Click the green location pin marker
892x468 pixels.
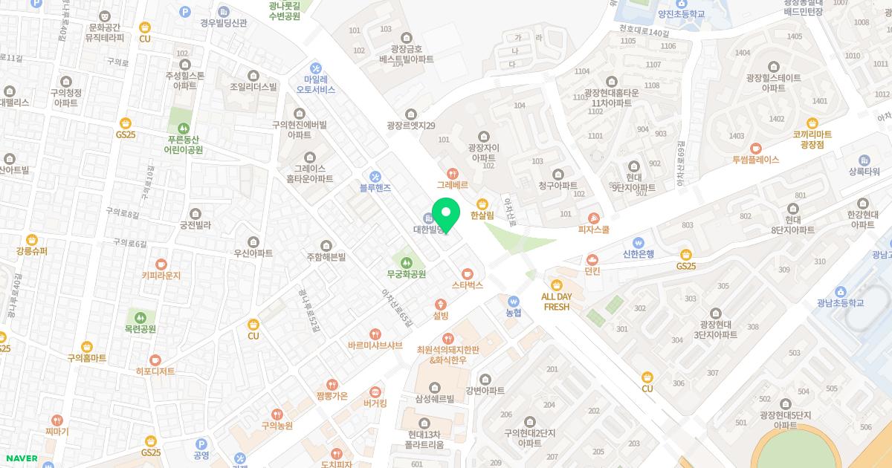446,215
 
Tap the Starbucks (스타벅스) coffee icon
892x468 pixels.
467,273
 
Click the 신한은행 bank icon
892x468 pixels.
638,241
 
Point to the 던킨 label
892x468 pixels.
592,272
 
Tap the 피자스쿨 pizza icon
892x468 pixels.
593,218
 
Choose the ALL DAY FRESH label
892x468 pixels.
557,302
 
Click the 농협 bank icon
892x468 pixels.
514,301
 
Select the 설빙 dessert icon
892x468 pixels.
441,304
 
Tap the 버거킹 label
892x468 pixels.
375,404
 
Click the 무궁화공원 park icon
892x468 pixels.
406,261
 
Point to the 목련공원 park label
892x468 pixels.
140,329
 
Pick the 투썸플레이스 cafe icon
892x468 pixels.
755,147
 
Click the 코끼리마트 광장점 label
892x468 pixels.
812,139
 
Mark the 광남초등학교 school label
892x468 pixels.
840,303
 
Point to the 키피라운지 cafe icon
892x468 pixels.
161,263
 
